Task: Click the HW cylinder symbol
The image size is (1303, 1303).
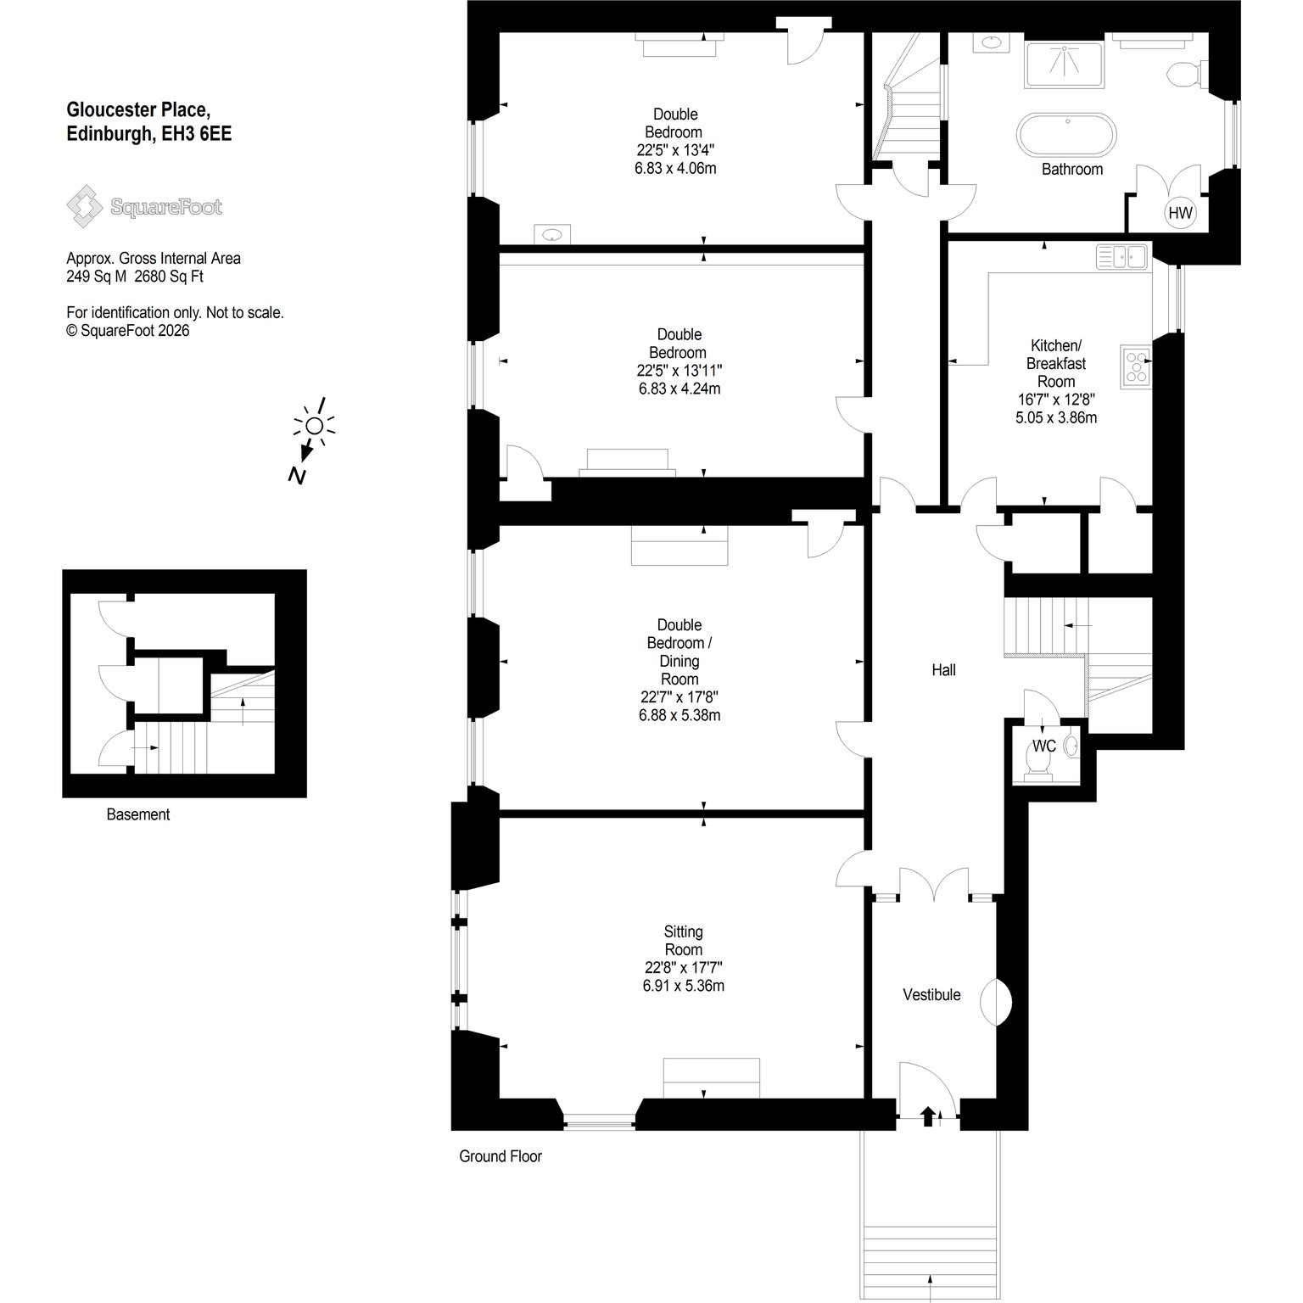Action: [1180, 213]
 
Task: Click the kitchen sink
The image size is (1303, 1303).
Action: [1121, 256]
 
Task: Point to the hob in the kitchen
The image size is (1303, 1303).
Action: [1135, 366]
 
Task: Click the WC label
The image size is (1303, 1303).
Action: [1043, 746]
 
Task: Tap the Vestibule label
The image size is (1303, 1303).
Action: [931, 994]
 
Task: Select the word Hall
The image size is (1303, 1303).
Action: [943, 670]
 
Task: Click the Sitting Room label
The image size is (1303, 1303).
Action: [684, 941]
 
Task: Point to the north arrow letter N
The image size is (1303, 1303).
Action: [296, 475]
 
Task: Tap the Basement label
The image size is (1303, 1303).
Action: [138, 814]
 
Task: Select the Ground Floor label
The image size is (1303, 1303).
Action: [501, 1156]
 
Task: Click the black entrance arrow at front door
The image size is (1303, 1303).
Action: [926, 1116]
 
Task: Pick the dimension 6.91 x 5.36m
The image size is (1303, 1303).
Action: [684, 986]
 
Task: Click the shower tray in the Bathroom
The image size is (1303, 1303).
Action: [1065, 64]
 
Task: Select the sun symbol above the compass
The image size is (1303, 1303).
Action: [314, 425]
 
